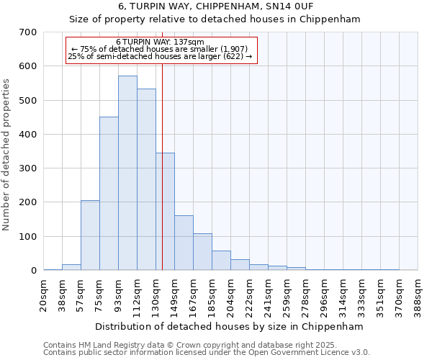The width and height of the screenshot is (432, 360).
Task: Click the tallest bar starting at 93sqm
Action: point(127,173)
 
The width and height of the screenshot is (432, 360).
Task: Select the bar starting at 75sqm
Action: point(109,193)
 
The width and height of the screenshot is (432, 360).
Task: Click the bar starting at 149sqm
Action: point(184,243)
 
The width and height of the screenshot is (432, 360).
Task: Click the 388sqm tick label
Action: point(418,295)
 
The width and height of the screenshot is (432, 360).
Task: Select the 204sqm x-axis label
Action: point(231,295)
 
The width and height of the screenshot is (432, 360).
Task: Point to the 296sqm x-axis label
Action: point(325,295)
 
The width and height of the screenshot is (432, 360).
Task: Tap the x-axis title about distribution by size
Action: point(229,326)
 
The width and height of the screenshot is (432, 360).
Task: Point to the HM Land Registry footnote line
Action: point(206,345)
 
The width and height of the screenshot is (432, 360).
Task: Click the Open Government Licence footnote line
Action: point(206,353)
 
